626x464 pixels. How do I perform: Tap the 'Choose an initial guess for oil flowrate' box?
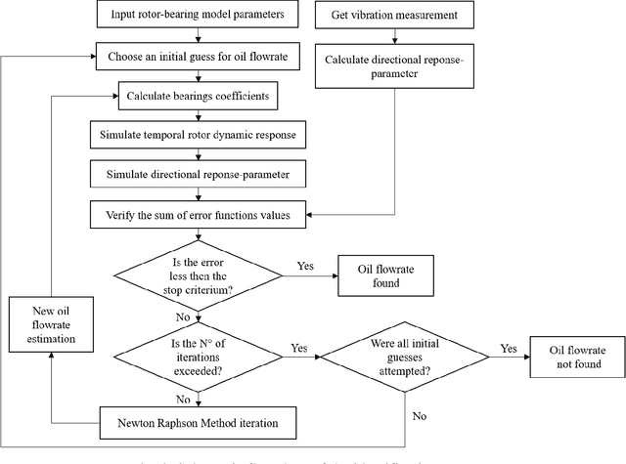(200, 57)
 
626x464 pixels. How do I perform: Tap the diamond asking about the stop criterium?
(200, 272)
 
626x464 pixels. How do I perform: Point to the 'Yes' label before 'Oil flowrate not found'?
(508, 347)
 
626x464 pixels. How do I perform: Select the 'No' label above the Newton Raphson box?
(182, 399)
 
